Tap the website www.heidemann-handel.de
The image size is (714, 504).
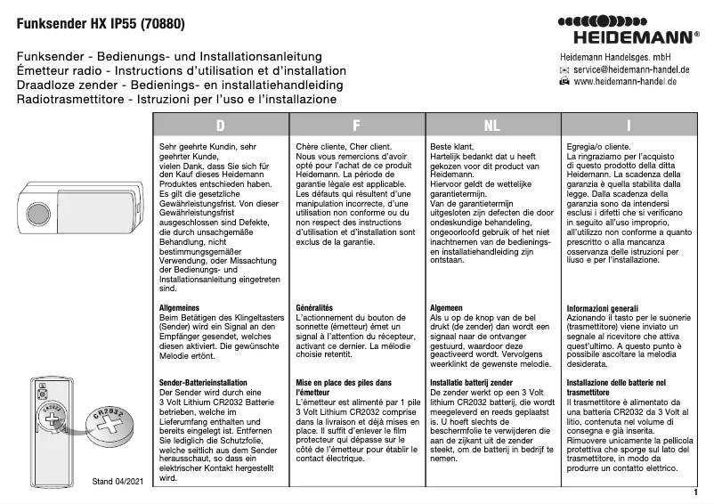coord(625,81)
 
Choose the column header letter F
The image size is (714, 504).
coord(356,126)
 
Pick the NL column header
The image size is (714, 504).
coord(491,126)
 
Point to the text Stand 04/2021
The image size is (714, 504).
coord(117,482)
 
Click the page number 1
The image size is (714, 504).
coord(694,491)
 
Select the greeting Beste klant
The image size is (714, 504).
coord(452,145)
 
